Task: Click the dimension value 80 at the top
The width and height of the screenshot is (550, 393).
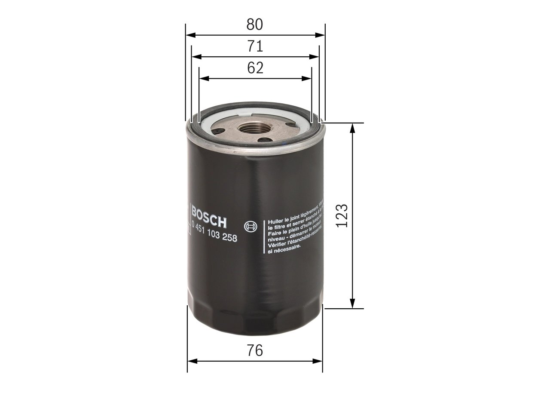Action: coord(255,25)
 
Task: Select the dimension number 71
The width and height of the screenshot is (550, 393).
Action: coord(255,46)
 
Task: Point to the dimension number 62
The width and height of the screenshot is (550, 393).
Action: coord(255,68)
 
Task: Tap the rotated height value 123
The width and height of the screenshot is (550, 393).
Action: coord(342,215)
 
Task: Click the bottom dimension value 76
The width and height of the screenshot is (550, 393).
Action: coord(255,351)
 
